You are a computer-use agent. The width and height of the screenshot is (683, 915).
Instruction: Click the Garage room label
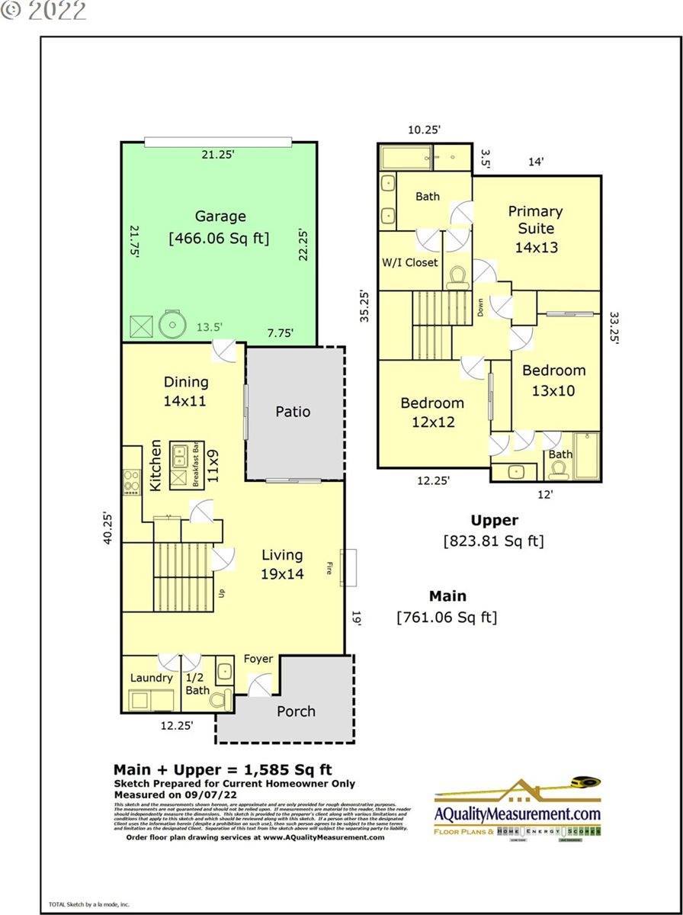click(x=220, y=217)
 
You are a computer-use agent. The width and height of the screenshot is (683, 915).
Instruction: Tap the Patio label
click(x=293, y=412)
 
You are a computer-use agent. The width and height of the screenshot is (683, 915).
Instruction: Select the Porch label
click(x=296, y=711)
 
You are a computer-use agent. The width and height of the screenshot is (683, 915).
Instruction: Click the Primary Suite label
click(x=535, y=220)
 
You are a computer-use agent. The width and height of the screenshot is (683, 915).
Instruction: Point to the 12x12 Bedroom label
click(x=432, y=412)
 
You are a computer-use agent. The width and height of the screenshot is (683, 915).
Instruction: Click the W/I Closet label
click(x=410, y=262)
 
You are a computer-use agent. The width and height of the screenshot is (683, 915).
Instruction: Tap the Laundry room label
click(x=152, y=678)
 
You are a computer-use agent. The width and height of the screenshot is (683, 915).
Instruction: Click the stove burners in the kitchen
click(x=131, y=482)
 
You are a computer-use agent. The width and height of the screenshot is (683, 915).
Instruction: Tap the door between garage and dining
click(x=224, y=352)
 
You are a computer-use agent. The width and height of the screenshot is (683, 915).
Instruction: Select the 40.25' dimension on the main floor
click(x=109, y=528)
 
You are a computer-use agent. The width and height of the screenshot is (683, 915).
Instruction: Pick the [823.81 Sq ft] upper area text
click(x=493, y=541)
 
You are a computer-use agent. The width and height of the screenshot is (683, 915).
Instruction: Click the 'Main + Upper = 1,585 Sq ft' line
click(x=223, y=769)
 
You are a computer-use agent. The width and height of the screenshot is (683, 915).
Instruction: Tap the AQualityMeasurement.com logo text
click(x=518, y=814)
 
